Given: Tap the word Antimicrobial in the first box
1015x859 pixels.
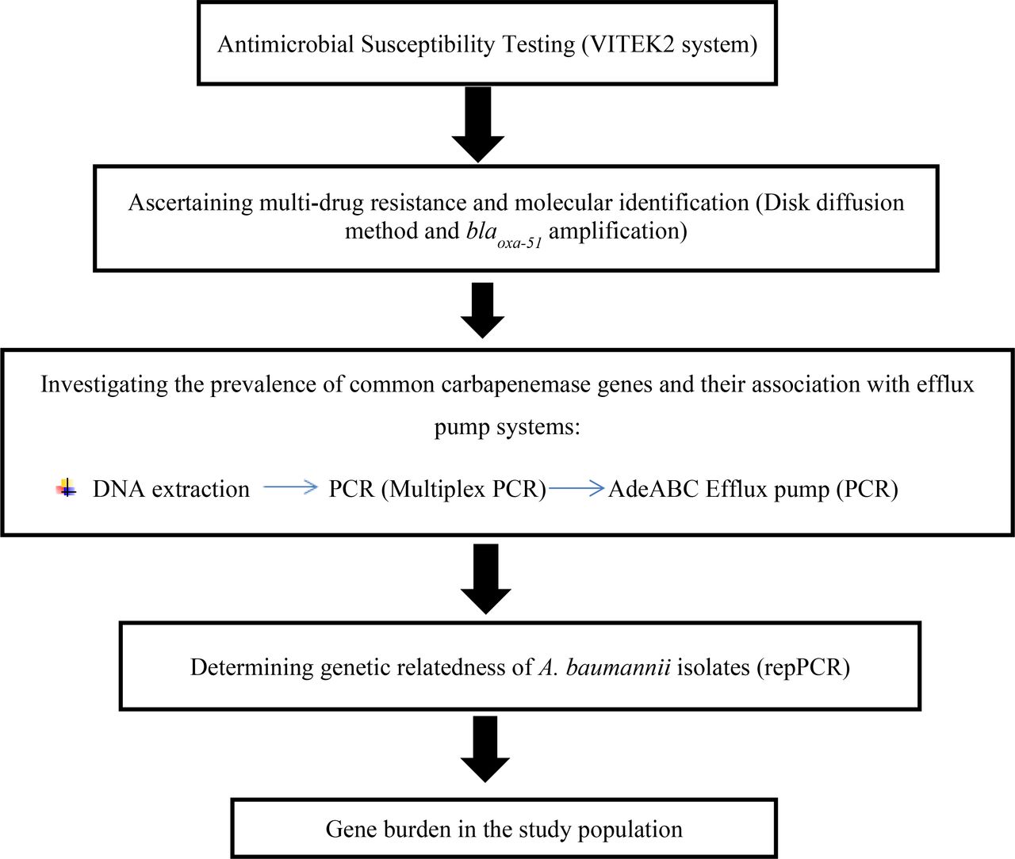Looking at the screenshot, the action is [285, 44].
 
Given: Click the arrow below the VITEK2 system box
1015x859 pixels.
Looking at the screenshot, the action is [478, 124].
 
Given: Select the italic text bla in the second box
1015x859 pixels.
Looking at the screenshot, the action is [481, 231].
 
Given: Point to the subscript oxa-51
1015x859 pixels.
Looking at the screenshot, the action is [519, 242].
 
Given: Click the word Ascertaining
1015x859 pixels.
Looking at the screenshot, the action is [190, 203].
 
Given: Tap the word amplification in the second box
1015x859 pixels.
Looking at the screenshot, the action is [614, 231].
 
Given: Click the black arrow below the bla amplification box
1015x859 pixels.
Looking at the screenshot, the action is [482, 310].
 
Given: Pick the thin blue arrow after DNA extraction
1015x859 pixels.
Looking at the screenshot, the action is [291, 487].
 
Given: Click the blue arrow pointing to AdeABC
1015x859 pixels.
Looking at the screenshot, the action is [576, 488].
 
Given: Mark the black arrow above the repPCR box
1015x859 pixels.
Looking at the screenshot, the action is [485, 579].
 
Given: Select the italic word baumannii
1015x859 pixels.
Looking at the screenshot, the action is [619, 667].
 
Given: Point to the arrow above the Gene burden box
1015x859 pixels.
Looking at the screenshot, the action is [485, 750].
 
